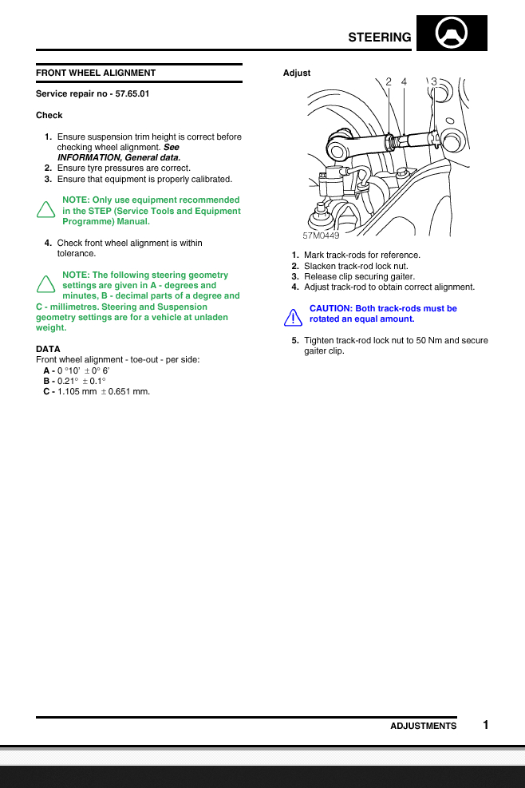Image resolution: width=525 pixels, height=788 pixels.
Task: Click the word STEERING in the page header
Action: [380, 38]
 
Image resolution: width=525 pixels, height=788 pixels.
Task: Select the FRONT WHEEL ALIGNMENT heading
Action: [96, 73]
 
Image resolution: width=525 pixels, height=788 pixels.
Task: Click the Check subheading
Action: [49, 115]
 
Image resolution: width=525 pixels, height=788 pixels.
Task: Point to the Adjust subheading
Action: [297, 73]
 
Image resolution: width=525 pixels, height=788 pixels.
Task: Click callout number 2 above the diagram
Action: [389, 81]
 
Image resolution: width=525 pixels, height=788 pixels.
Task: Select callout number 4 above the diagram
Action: [404, 81]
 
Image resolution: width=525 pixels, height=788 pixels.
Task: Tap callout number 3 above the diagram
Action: [433, 81]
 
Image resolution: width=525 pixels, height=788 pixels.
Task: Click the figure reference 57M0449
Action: [321, 236]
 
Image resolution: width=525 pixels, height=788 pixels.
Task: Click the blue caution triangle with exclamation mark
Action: [293, 318]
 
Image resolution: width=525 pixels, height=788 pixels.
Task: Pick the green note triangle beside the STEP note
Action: [46, 211]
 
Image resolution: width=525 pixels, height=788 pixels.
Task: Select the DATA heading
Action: [48, 349]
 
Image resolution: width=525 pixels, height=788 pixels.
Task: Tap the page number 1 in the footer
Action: [485, 725]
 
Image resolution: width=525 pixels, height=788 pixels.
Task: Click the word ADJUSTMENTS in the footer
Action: [423, 726]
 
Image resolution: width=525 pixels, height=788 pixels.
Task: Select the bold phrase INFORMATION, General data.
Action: [119, 157]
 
